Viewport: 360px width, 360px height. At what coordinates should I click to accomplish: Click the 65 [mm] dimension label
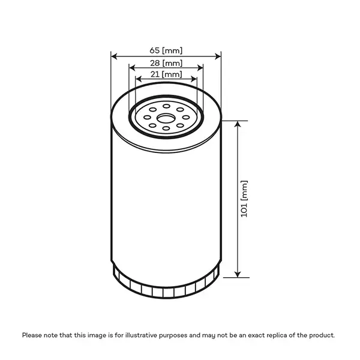(166, 50)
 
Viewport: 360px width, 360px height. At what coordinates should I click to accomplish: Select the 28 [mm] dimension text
(166, 62)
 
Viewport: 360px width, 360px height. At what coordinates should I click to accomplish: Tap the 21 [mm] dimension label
(166, 74)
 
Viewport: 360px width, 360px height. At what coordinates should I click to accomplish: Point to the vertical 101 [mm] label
(244, 199)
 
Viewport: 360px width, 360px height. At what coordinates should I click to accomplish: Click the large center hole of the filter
(166, 116)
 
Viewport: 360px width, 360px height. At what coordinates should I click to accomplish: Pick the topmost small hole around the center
(166, 106)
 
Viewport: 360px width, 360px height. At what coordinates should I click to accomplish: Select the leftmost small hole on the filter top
(146, 116)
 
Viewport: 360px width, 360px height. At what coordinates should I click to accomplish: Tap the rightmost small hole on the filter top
(186, 116)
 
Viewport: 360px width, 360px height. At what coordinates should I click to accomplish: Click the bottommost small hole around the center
(166, 128)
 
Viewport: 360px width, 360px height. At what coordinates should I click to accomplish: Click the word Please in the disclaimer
(33, 335)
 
